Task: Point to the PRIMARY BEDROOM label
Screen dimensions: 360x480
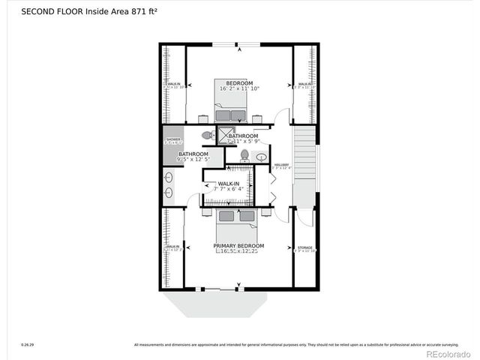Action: click(238, 246)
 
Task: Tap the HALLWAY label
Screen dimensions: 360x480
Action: click(281, 165)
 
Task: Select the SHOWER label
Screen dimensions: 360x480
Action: click(173, 139)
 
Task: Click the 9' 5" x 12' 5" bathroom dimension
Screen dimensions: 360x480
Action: click(193, 159)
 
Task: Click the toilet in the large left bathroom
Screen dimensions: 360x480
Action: click(207, 136)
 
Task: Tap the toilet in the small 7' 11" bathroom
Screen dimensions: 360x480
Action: click(244, 155)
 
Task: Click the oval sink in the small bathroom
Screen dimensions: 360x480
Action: click(260, 157)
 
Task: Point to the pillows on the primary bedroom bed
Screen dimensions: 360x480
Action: click(238, 217)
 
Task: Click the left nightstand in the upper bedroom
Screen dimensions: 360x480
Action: click(203, 118)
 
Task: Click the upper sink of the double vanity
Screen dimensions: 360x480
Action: click(169, 178)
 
